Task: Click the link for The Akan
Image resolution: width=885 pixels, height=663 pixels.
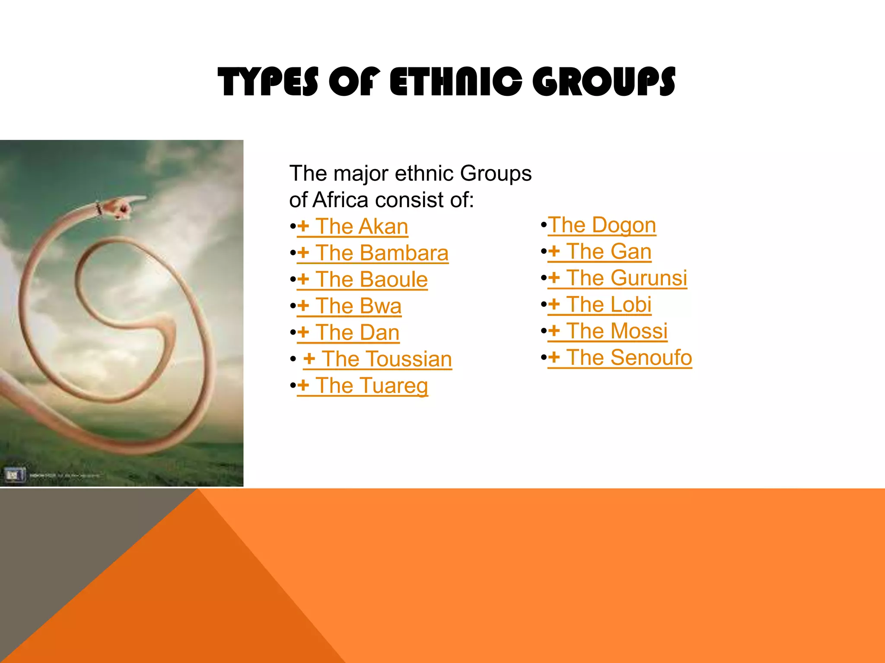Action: point(353,227)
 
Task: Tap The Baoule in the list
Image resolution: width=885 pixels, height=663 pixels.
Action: point(362,280)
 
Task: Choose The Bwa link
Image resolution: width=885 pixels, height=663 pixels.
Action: point(349,306)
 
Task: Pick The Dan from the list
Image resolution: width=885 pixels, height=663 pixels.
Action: point(348,333)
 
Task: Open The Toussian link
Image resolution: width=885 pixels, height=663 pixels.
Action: point(377,359)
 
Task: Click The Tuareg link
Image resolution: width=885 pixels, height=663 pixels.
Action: point(363,386)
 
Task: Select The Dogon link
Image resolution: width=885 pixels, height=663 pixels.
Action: point(602,225)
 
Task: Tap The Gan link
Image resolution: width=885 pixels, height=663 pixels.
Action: point(599,252)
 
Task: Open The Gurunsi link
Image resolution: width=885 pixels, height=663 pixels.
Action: point(617,278)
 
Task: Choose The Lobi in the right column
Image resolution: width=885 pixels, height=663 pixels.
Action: point(599,305)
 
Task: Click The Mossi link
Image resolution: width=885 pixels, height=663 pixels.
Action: point(608,331)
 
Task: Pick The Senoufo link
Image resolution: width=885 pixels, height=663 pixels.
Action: point(620,358)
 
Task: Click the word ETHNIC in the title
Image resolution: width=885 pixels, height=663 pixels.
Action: point(456,82)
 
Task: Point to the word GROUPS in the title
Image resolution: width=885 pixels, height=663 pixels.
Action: point(604,82)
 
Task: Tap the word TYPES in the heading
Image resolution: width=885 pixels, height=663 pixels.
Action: point(268,82)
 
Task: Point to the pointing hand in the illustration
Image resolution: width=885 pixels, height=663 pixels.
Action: point(124,207)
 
